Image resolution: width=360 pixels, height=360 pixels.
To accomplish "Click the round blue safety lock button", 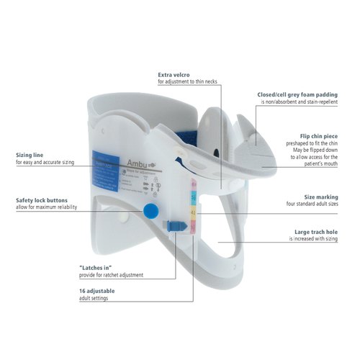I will (151, 210).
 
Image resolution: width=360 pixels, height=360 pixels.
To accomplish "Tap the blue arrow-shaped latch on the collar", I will (174, 225).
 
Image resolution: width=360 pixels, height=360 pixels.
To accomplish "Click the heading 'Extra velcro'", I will (176, 75).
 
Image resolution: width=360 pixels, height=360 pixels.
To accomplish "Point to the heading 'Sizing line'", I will (31, 155).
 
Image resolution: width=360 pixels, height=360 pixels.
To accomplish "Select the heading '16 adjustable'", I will (97, 290).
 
